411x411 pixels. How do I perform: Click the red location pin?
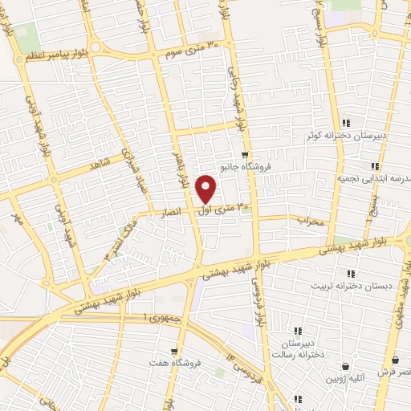(x=207, y=188)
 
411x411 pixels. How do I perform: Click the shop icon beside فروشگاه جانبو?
(x=245, y=155)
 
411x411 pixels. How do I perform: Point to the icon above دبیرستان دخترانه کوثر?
(x=346, y=123)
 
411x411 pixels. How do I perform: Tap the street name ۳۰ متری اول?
(x=223, y=209)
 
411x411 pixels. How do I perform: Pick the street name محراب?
(x=310, y=219)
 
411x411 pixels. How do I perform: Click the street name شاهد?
(x=100, y=163)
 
